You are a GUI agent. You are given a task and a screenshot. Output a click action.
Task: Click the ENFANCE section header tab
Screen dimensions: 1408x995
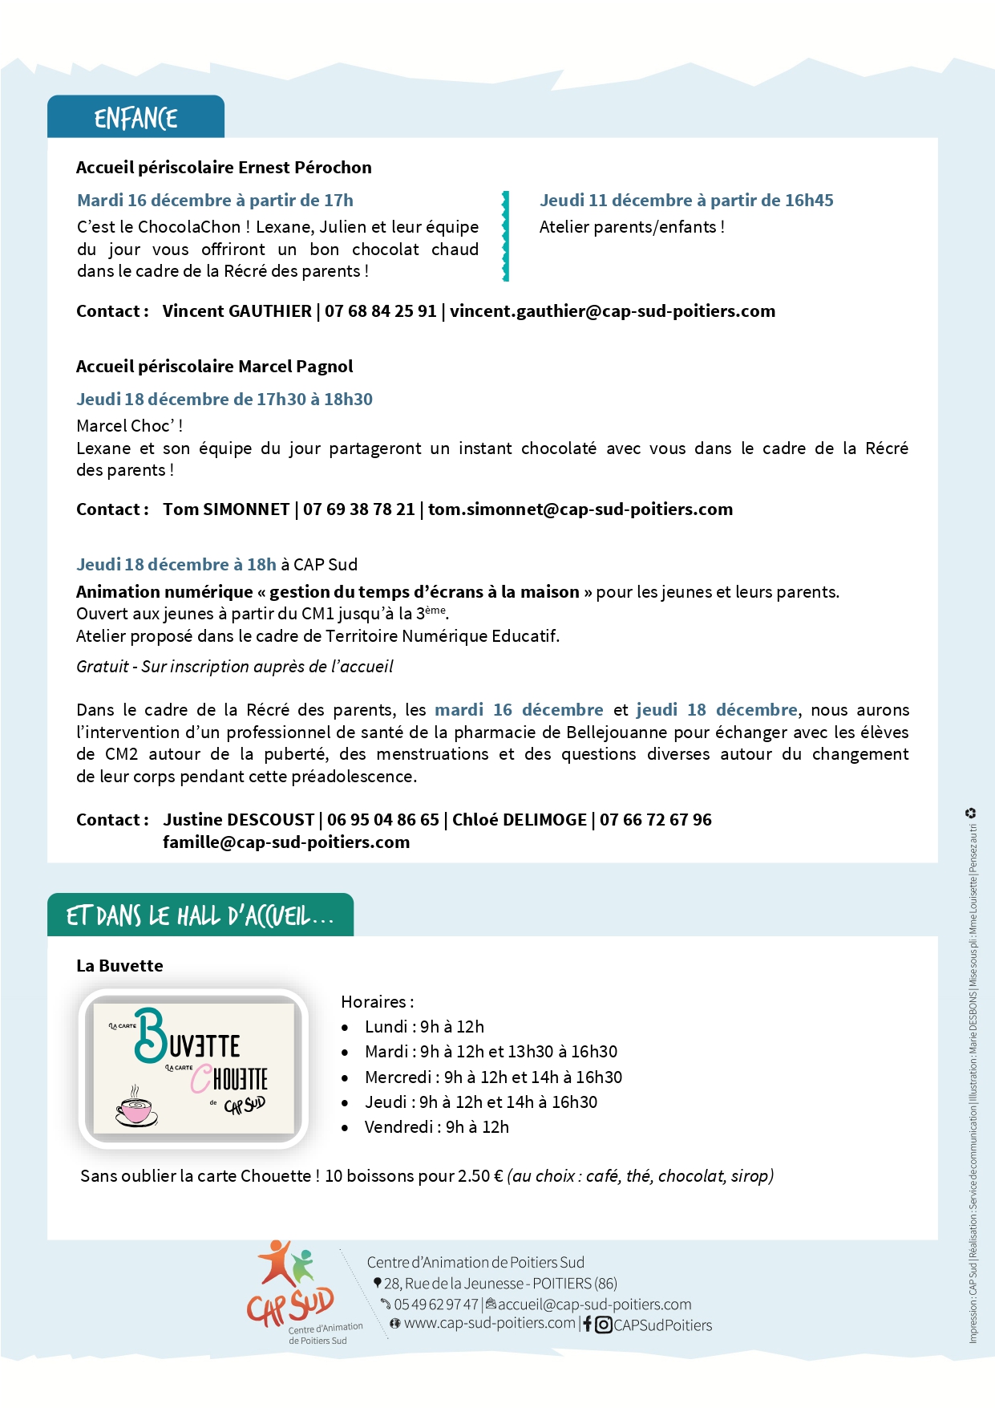(x=135, y=118)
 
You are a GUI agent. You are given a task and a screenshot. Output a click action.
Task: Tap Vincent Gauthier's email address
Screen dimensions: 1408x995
(x=613, y=311)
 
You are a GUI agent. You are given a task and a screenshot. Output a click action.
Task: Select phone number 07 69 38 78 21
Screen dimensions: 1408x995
(x=359, y=509)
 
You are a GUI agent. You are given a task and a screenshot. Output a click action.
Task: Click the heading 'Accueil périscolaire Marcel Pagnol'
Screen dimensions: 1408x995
(x=214, y=367)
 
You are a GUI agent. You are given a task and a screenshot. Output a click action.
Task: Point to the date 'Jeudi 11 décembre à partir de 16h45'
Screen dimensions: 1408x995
(x=686, y=201)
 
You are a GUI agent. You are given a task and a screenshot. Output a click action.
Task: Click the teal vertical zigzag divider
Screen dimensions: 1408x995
(x=505, y=236)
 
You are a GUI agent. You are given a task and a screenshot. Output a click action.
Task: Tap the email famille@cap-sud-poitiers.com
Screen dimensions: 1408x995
(x=286, y=842)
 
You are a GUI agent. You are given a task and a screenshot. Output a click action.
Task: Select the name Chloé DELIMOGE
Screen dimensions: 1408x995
(x=520, y=820)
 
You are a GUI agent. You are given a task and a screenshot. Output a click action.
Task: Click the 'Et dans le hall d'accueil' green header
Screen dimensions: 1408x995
(x=200, y=915)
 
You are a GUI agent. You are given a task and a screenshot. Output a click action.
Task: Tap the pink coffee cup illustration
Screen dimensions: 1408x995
(x=135, y=1109)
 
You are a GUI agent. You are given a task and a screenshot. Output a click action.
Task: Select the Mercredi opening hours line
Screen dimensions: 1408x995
(x=493, y=1077)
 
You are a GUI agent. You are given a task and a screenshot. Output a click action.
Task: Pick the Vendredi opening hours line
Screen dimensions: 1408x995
(x=436, y=1127)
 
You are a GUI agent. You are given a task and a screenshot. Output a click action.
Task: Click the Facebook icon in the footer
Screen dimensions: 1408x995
(x=588, y=1325)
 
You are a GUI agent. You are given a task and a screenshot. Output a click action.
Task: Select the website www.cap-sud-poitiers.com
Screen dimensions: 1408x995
(x=489, y=1323)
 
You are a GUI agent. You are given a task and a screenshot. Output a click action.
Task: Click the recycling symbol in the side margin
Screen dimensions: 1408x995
(x=970, y=813)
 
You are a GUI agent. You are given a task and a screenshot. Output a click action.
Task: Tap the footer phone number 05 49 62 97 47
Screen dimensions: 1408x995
(x=435, y=1305)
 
